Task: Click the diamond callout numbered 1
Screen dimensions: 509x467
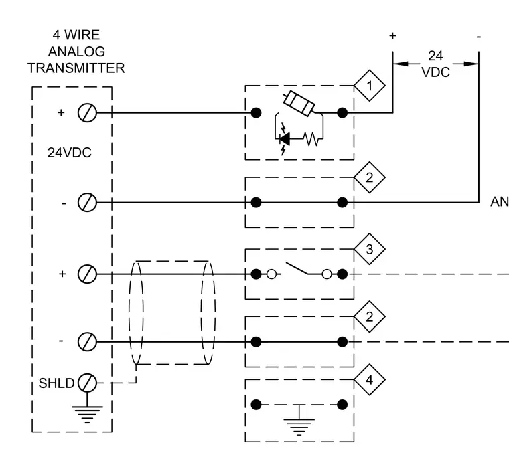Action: [x=370, y=86]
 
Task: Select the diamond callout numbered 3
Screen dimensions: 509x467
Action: [x=370, y=249]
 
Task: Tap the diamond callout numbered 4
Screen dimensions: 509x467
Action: [x=370, y=379]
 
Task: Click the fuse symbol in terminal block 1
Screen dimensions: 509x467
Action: [x=299, y=104]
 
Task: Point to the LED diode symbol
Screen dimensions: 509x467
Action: [x=285, y=139]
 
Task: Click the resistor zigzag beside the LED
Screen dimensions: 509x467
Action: [x=311, y=138]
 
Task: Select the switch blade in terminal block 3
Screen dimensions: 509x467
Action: [x=297, y=268]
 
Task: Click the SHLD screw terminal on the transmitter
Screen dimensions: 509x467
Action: [x=87, y=383]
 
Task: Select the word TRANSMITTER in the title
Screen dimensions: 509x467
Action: [x=76, y=68]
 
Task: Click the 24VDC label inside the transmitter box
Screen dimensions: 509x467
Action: [x=70, y=153]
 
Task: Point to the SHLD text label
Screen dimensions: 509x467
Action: [x=56, y=383]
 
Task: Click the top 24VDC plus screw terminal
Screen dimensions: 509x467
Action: [x=87, y=113]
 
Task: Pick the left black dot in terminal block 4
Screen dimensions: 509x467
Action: [x=256, y=405]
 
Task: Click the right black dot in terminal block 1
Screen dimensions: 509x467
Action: [x=342, y=113]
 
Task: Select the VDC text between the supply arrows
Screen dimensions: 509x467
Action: [x=435, y=72]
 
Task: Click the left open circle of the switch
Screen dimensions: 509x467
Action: [x=271, y=274]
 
